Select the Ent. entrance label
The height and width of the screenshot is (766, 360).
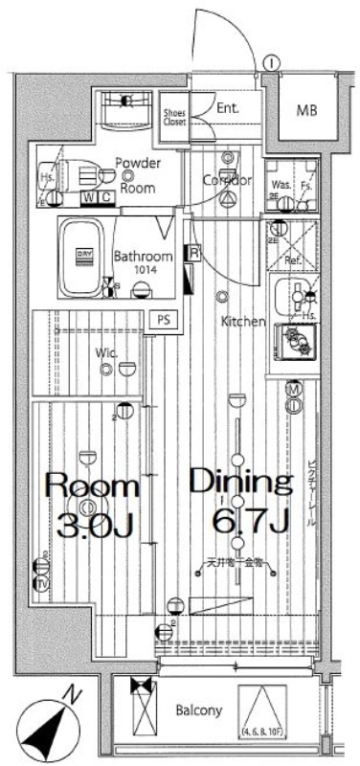coord(227,108)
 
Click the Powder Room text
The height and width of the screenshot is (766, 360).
coord(138,175)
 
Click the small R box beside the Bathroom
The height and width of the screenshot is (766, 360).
coord(194,253)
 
